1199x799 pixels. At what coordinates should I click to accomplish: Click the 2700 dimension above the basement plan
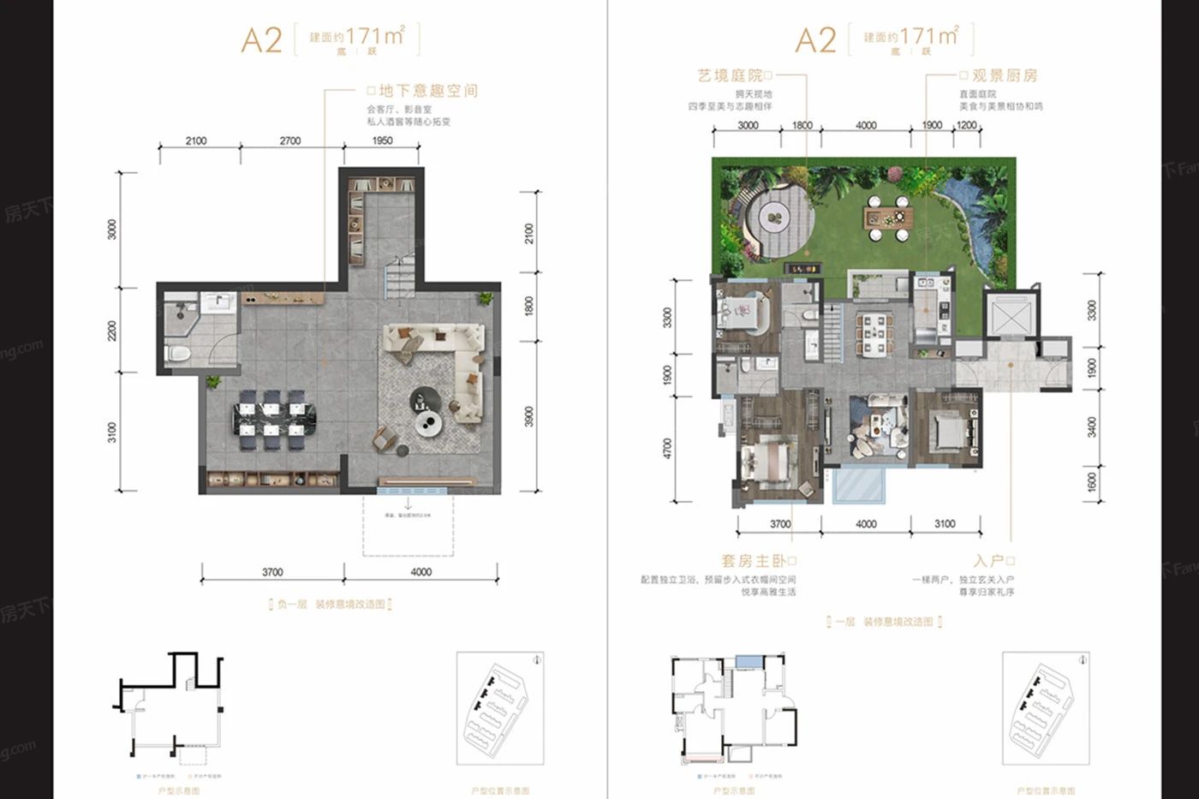tap(290, 140)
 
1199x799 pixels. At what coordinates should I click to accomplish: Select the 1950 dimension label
tap(382, 140)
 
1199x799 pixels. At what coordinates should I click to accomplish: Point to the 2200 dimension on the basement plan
tap(112, 331)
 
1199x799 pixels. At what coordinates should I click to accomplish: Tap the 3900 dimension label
tap(529, 417)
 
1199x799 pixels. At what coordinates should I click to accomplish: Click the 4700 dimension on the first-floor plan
tap(668, 449)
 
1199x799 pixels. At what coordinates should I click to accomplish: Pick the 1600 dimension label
tap(1092, 483)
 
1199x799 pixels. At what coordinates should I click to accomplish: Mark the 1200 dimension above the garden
tap(966, 125)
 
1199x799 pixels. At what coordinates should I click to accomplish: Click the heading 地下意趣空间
tap(428, 91)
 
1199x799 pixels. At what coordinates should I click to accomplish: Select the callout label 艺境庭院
tap(730, 76)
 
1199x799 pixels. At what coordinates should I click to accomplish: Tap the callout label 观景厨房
tap(1004, 76)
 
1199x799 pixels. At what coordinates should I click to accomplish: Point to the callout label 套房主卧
tap(753, 561)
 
